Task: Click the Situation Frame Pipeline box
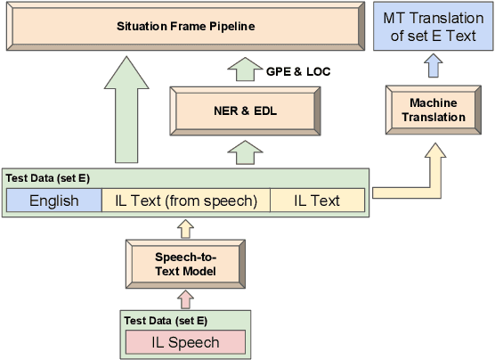tap(185, 26)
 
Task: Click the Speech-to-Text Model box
tap(185, 264)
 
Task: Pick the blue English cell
tap(53, 200)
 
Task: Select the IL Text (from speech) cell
tap(185, 200)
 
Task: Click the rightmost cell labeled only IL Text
tap(317, 200)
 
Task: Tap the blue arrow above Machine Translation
tap(432, 69)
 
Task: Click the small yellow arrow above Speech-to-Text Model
tap(185, 229)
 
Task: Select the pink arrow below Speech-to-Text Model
tap(185, 299)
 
